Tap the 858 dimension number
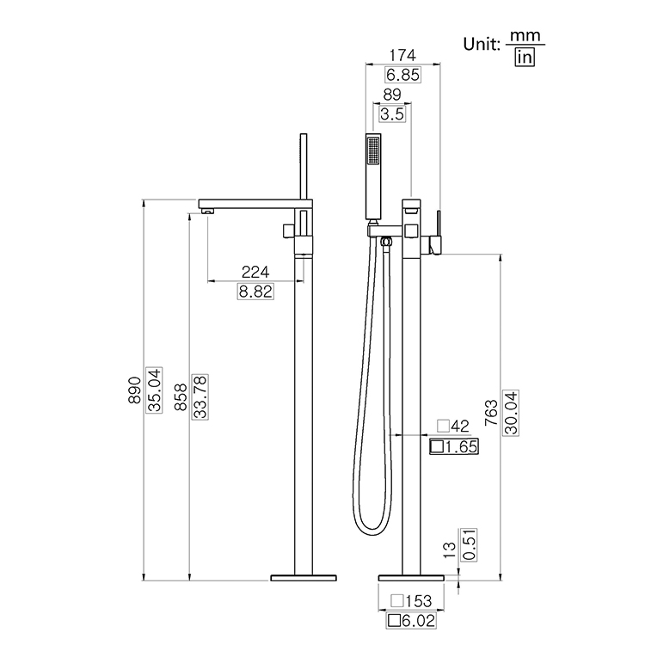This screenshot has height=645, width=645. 181,396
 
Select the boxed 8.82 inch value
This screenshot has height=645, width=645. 255,292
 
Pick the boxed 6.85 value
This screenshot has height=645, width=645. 402,75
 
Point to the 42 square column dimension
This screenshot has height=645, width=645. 452,426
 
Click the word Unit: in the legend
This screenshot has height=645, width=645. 482,45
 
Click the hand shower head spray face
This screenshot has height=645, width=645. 372,152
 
